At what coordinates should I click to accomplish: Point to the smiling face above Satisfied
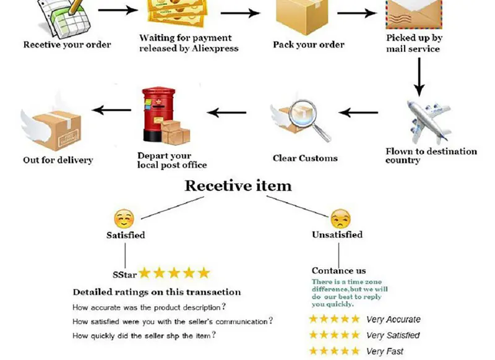(124, 218)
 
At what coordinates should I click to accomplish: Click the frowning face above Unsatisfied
(340, 218)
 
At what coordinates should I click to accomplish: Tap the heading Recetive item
(238, 186)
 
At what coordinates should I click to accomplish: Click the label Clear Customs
(305, 158)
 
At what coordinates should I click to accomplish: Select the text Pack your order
(309, 45)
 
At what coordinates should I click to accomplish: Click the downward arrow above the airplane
(419, 77)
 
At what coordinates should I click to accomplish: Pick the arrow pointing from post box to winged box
(111, 111)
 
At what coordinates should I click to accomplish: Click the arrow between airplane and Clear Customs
(358, 113)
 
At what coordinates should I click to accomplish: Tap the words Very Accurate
(393, 320)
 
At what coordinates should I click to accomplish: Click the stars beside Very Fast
(334, 351)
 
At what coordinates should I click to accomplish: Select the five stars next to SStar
(174, 273)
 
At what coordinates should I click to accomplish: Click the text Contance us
(338, 270)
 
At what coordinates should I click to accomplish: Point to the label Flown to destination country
(431, 155)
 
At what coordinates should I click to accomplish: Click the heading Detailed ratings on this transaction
(157, 292)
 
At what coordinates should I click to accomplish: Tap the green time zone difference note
(350, 293)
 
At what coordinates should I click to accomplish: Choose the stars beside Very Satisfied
(334, 335)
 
